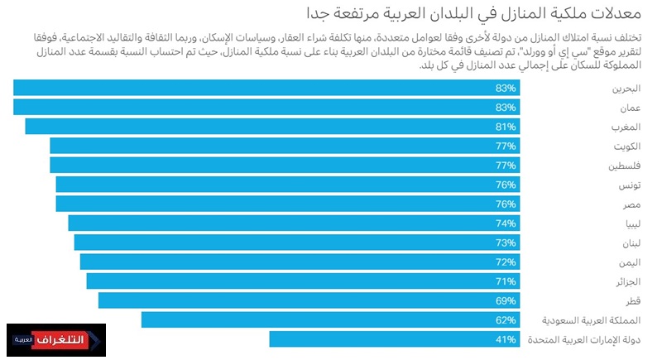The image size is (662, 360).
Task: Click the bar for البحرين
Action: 265,88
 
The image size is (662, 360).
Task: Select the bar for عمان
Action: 265,107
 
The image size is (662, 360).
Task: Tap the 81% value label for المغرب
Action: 506,127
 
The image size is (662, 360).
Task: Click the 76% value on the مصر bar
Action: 506,204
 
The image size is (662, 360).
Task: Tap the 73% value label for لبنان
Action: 506,242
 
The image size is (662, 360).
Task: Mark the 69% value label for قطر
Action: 506,300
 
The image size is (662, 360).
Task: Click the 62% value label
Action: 506,319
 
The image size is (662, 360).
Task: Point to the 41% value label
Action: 506,338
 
